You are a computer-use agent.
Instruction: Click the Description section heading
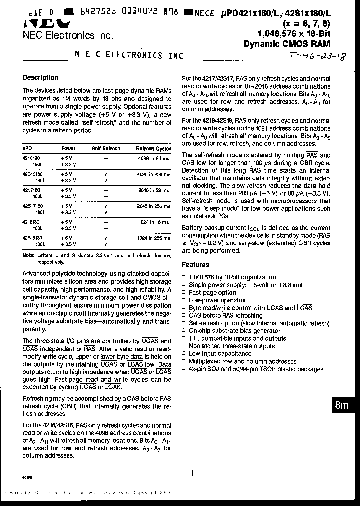[x=40, y=78]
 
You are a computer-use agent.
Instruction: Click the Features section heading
[x=195, y=265]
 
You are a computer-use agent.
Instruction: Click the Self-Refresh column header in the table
[x=106, y=148]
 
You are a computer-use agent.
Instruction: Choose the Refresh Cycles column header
[x=153, y=148]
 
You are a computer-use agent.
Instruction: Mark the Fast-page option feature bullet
[x=212, y=293]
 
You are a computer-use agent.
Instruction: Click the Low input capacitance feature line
[x=220, y=354]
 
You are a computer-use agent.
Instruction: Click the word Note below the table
[x=29, y=255]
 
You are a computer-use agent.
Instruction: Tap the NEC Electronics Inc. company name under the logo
[x=68, y=35]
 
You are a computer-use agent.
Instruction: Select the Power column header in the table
[x=68, y=148]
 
